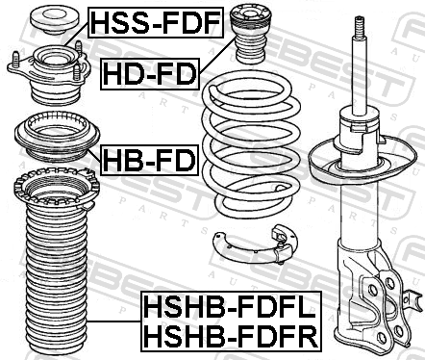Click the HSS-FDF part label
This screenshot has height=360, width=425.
[156, 22]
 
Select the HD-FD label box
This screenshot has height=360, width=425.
[150, 74]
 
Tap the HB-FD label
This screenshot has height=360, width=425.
[149, 160]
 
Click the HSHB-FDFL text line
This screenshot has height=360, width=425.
[230, 307]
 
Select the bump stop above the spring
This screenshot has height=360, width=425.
[251, 34]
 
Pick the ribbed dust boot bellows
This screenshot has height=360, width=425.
[57, 262]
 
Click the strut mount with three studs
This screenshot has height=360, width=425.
[49, 74]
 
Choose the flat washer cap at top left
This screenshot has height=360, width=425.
[54, 21]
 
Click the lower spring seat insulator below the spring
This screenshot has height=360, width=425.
[255, 245]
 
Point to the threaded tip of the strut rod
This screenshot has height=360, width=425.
[359, 27]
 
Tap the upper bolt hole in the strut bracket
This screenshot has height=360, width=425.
[389, 283]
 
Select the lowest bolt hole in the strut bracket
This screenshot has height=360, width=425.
[383, 337]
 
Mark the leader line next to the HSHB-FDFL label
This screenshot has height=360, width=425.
[114, 321]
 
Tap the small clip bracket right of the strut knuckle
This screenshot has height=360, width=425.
[413, 299]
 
